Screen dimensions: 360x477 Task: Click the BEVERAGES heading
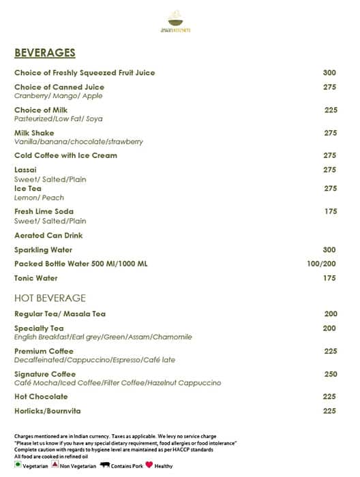pos(45,53)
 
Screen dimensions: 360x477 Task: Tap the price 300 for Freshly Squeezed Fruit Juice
pos(330,73)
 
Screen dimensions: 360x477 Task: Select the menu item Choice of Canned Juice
pos(59,87)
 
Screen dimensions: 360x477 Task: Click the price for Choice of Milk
pos(331,110)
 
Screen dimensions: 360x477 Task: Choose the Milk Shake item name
pos(34,133)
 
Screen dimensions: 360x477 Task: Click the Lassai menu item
pos(26,170)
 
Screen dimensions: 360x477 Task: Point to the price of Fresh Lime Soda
pos(330,212)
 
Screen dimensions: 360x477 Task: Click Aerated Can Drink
pos(48,235)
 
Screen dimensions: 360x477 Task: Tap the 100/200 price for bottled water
pos(321,264)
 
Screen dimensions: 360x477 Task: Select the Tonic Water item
pos(36,278)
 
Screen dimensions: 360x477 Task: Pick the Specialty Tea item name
pos(39,328)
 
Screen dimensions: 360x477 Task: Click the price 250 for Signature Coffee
pos(330,375)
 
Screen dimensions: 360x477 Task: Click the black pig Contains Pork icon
pos(106,466)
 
